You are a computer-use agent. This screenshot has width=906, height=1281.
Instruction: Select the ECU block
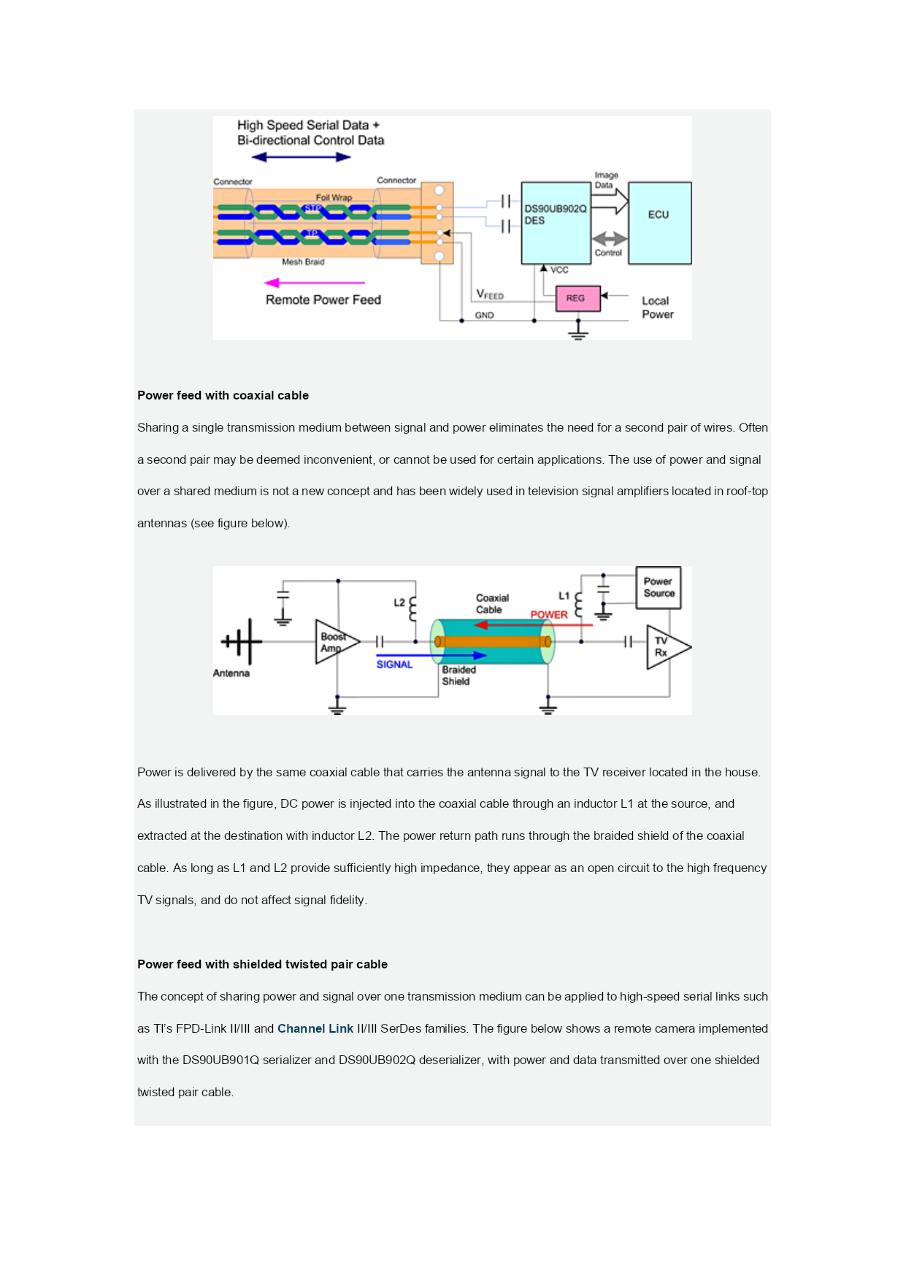(x=660, y=223)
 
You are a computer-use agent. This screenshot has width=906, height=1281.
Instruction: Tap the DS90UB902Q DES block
(x=556, y=223)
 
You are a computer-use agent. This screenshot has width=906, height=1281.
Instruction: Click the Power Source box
(x=659, y=587)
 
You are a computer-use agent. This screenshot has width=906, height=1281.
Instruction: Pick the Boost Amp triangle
(x=336, y=642)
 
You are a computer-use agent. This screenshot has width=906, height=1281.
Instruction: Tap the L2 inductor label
(x=399, y=603)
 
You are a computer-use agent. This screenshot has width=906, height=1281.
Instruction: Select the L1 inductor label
(x=564, y=596)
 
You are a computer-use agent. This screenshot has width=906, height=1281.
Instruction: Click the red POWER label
(x=549, y=615)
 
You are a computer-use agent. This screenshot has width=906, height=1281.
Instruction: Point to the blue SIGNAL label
(x=394, y=665)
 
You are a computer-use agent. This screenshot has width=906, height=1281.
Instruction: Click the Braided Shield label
(x=458, y=676)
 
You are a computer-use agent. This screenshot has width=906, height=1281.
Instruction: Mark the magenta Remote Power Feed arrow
(x=315, y=283)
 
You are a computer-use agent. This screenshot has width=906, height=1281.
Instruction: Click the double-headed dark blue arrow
(x=301, y=157)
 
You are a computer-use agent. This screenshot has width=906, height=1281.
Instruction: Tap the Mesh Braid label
(x=303, y=261)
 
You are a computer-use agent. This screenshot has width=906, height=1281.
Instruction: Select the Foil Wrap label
(x=334, y=197)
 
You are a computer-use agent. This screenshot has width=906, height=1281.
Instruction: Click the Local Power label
(x=657, y=307)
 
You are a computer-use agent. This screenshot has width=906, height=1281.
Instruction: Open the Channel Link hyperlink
(x=315, y=1028)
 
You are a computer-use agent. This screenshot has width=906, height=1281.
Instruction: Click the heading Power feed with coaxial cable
(x=223, y=395)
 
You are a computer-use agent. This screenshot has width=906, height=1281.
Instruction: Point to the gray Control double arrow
(x=610, y=239)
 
